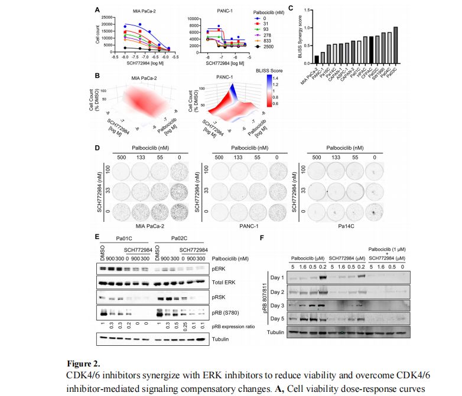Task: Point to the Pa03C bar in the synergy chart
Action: click(395, 44)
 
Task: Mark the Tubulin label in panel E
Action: click(222, 339)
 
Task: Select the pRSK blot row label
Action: click(219, 299)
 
